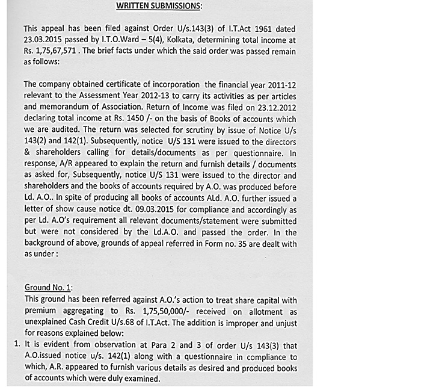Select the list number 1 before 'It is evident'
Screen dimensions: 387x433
click(15, 345)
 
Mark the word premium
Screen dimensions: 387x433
click(43, 311)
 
